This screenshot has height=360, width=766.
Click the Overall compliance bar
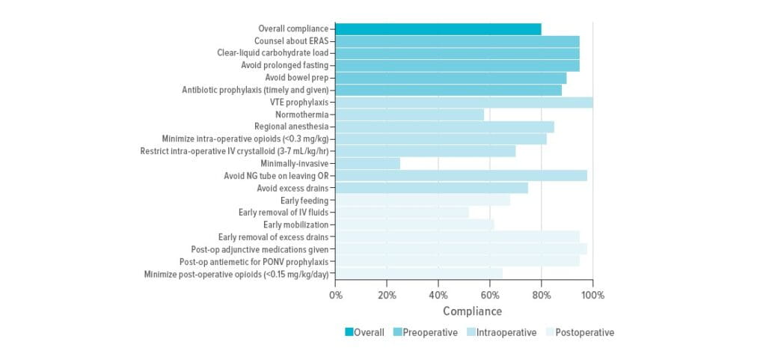[x=438, y=29]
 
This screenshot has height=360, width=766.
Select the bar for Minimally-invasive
[x=367, y=163]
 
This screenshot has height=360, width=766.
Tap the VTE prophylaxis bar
[x=464, y=103]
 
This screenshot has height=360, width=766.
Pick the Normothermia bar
[x=410, y=115]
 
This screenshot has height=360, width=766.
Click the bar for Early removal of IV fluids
[x=402, y=213]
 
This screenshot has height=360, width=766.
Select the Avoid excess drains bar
[x=432, y=188]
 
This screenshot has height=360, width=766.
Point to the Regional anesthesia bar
[x=444, y=126]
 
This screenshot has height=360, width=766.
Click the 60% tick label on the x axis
[x=490, y=295]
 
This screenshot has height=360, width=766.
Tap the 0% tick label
[x=336, y=295]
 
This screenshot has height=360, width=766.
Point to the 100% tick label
[x=592, y=295]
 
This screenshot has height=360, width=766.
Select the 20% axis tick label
[x=387, y=295]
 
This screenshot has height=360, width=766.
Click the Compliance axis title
[x=472, y=311]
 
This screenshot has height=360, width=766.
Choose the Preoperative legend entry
[x=425, y=332]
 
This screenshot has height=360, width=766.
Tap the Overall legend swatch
[x=349, y=332]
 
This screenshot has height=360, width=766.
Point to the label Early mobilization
[x=295, y=225]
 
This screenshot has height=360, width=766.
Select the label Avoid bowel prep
[x=296, y=78]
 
